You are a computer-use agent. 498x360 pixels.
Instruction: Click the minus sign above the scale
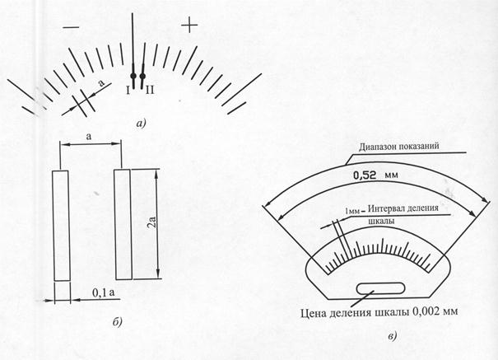71,28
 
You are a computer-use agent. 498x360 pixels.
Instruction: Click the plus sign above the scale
189,25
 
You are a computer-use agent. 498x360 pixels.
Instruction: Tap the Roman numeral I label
128,91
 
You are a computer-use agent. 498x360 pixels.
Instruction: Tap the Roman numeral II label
149,91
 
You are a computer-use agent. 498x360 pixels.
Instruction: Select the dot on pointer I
133,76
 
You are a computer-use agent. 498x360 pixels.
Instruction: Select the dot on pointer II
142,76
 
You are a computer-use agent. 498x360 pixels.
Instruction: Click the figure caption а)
141,124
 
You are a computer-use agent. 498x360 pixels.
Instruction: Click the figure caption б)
117,321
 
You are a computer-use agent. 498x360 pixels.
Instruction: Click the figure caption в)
393,336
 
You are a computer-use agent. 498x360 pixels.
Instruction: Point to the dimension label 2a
152,222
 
